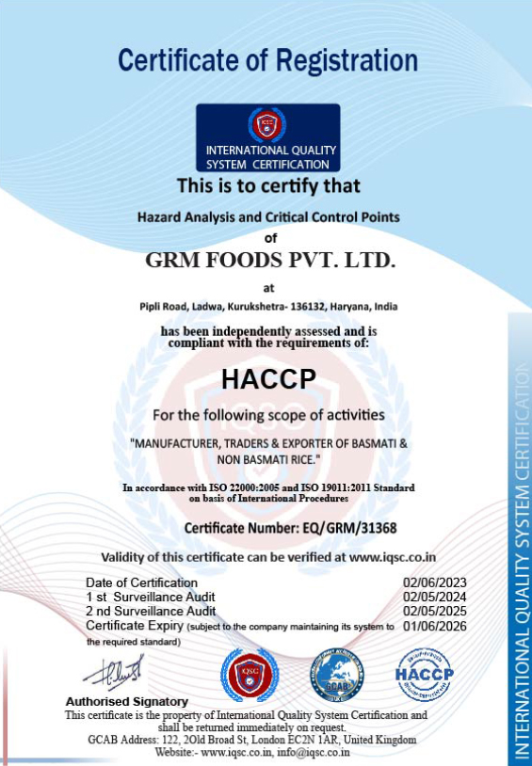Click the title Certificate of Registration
tap(267, 61)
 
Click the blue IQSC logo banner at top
tap(267, 137)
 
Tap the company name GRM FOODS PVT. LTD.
tap(270, 258)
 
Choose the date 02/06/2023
tap(435, 582)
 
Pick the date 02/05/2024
tap(435, 597)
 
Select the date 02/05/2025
tap(435, 611)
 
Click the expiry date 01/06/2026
tap(435, 625)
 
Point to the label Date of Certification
tap(141, 582)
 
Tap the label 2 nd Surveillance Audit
tap(151, 611)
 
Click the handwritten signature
tap(112, 672)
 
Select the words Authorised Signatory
tap(126, 701)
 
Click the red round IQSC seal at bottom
tap(250, 675)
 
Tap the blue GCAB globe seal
tap(336, 677)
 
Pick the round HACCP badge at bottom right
tap(424, 675)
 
